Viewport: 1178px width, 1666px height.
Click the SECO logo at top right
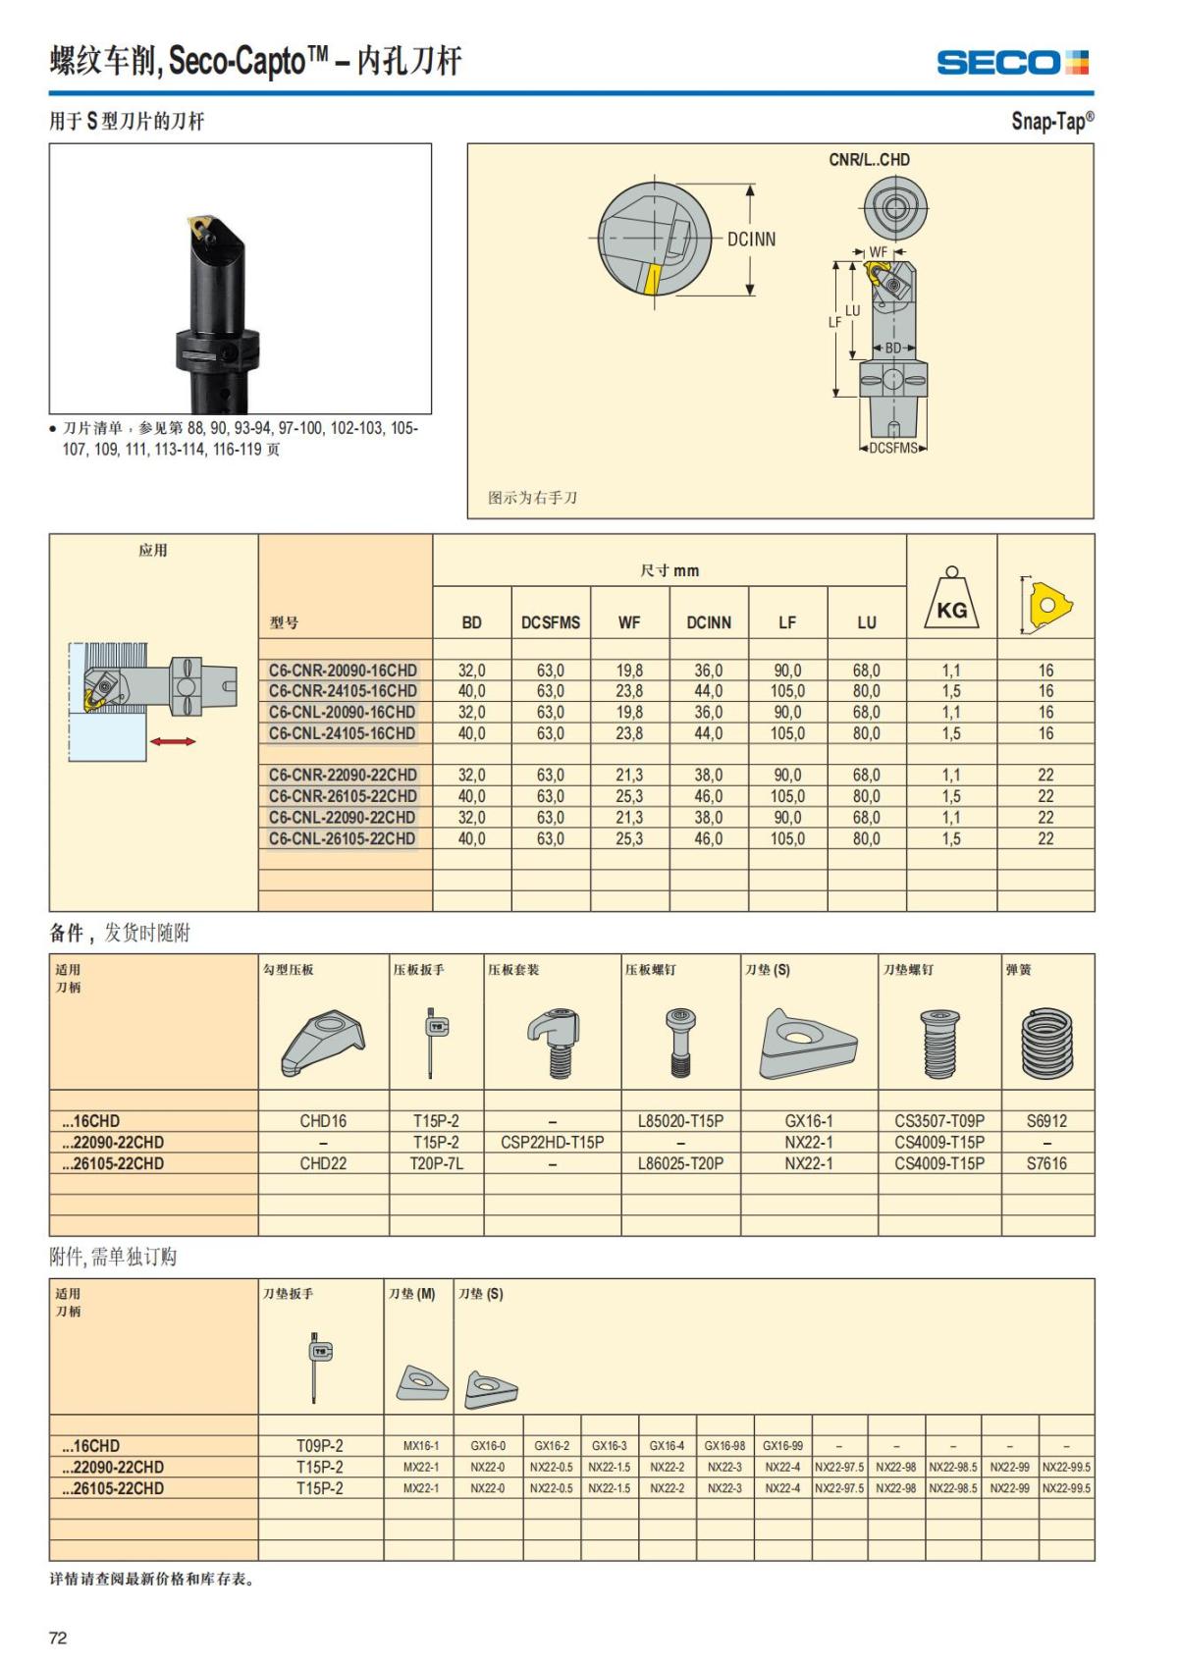1012,63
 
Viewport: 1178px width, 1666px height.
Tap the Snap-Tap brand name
1051,121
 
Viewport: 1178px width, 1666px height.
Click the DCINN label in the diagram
751,240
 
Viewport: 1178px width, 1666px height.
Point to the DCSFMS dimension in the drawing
893,449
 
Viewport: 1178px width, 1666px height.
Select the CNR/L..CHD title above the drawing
869,160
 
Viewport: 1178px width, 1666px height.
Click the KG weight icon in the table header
951,600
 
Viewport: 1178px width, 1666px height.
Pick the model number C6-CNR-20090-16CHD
343,671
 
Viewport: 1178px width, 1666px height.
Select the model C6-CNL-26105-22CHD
343,838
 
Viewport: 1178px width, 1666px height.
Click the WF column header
629,622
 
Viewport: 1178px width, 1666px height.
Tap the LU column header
866,622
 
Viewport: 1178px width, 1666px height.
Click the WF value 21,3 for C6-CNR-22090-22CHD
629,776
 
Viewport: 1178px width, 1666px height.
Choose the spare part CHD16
323,1121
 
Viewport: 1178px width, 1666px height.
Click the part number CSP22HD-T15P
552,1143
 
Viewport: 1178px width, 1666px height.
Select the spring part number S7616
1046,1163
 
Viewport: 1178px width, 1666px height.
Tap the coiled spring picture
1047,1044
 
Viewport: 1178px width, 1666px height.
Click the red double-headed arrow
174,741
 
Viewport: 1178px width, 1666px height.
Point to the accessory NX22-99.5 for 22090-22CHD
1066,1468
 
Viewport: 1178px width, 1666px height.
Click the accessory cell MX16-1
421,1446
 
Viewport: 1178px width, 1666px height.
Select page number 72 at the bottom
58,1638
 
